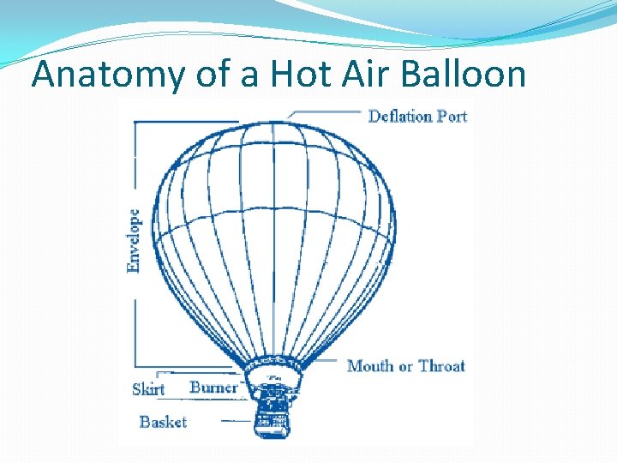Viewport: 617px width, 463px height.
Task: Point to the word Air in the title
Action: coord(371,75)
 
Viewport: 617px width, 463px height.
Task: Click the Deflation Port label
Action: coord(417,116)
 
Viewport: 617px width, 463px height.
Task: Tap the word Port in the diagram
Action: coord(451,116)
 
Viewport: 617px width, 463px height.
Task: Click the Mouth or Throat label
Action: coord(406,366)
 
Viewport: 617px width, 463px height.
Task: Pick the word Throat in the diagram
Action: coord(441,366)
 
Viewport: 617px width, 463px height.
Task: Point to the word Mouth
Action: coord(368,366)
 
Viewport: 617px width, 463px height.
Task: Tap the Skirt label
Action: coord(148,389)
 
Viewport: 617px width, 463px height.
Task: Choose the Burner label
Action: coord(213,388)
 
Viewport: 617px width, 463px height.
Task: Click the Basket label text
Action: coord(163,422)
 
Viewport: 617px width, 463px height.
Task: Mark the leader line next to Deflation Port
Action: coord(326,112)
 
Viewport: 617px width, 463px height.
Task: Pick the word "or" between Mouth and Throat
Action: coord(405,367)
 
